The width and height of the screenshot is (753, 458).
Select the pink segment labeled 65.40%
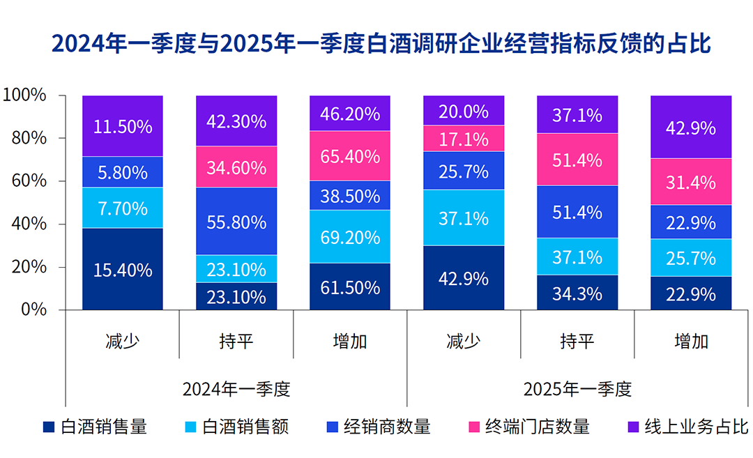[x=349, y=155]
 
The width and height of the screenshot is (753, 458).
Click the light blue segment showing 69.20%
[x=349, y=236]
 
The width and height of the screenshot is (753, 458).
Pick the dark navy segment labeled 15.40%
[x=122, y=270]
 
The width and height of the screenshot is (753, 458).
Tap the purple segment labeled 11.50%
[x=122, y=126]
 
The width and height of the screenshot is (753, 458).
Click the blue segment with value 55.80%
[x=236, y=222]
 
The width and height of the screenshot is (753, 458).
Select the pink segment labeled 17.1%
[x=463, y=139]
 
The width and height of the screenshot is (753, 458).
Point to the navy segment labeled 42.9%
[x=463, y=278]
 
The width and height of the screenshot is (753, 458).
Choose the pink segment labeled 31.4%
[x=690, y=183]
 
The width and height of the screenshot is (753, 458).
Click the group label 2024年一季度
[x=236, y=389]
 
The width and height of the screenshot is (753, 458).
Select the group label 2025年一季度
[x=577, y=389]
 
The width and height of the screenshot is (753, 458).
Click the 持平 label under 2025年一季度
[x=577, y=342]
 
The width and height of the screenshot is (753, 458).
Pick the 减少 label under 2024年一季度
[x=122, y=342]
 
